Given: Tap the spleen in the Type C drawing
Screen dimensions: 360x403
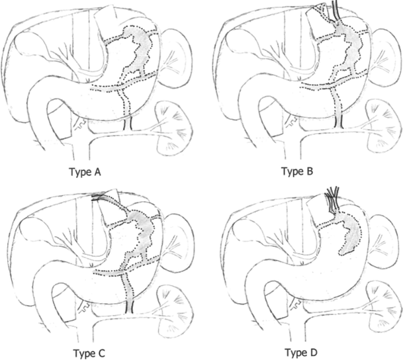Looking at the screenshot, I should tap(174, 232).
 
